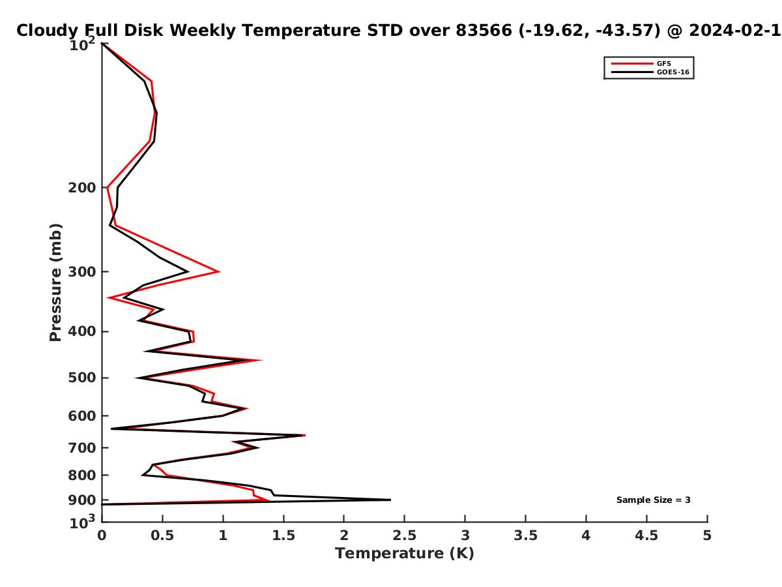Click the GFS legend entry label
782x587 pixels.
[663, 64]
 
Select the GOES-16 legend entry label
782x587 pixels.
[673, 72]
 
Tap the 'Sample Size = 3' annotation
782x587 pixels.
[653, 500]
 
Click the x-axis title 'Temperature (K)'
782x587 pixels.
[405, 554]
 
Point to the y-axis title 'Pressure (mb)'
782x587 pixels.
[55, 282]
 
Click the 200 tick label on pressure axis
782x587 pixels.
[82, 188]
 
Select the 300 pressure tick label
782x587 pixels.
[82, 272]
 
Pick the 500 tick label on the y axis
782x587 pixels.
[82, 378]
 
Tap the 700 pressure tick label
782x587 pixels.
[82, 448]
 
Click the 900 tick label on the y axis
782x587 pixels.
[82, 500]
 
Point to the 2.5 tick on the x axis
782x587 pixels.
[405, 535]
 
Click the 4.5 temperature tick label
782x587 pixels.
[646, 535]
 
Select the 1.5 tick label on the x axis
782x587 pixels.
[283, 535]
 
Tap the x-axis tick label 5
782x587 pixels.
[707, 535]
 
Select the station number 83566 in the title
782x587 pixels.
[484, 31]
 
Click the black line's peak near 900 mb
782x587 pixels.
[390, 500]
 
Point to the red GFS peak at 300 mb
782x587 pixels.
[219, 271]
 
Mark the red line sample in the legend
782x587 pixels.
[632, 64]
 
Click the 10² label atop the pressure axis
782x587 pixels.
[82, 44]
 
